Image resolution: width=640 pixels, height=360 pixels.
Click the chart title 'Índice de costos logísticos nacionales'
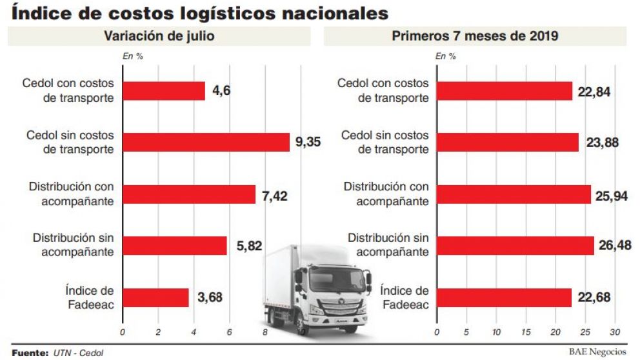pos(200,13)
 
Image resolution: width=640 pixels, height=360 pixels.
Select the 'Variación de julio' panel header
pos(159,37)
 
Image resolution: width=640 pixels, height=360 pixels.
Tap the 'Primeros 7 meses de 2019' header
pos(475,37)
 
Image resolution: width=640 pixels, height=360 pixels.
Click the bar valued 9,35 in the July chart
pos(206,142)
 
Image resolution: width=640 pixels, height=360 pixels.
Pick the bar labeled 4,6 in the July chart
pos(164,91)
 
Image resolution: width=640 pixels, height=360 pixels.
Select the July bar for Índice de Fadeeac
pos(155,297)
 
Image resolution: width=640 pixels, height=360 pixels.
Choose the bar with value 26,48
pos(515,246)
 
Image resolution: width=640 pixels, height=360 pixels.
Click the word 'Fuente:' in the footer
pos(30,352)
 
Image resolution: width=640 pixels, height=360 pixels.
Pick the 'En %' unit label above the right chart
pos(445,56)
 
